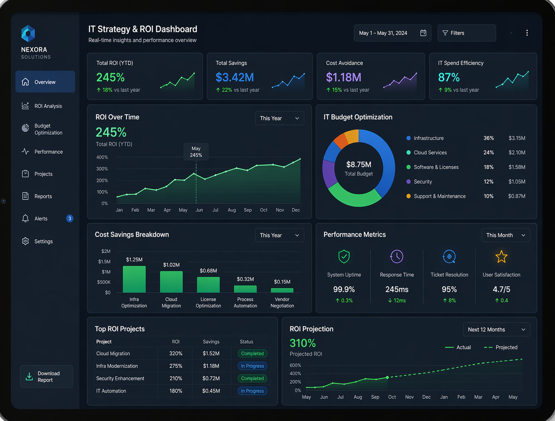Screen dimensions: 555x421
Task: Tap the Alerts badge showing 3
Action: (x=70, y=219)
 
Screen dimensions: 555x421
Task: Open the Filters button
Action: (x=467, y=33)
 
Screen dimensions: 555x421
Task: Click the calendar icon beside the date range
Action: (x=423, y=33)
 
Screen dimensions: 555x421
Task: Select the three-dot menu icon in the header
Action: (x=527, y=33)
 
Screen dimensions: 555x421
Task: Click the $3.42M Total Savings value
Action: (x=235, y=77)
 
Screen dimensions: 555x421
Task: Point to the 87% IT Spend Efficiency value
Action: (x=449, y=77)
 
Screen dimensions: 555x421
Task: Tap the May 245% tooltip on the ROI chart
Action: (x=196, y=152)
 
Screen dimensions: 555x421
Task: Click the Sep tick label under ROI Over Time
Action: (x=248, y=210)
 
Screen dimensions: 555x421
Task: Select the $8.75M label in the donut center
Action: (x=359, y=165)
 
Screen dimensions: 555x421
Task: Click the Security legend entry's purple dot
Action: (x=408, y=182)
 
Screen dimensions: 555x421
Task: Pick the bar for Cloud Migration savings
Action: (x=171, y=282)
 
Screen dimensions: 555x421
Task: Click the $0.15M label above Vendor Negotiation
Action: (x=282, y=282)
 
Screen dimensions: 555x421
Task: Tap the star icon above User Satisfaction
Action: (x=501, y=256)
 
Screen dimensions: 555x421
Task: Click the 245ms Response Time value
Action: (x=397, y=289)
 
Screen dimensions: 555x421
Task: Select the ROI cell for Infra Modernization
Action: (x=176, y=366)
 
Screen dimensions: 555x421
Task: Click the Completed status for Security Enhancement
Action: (x=252, y=378)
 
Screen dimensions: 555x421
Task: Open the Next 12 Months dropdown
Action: (x=496, y=329)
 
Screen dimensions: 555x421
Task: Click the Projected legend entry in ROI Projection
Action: (x=501, y=347)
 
